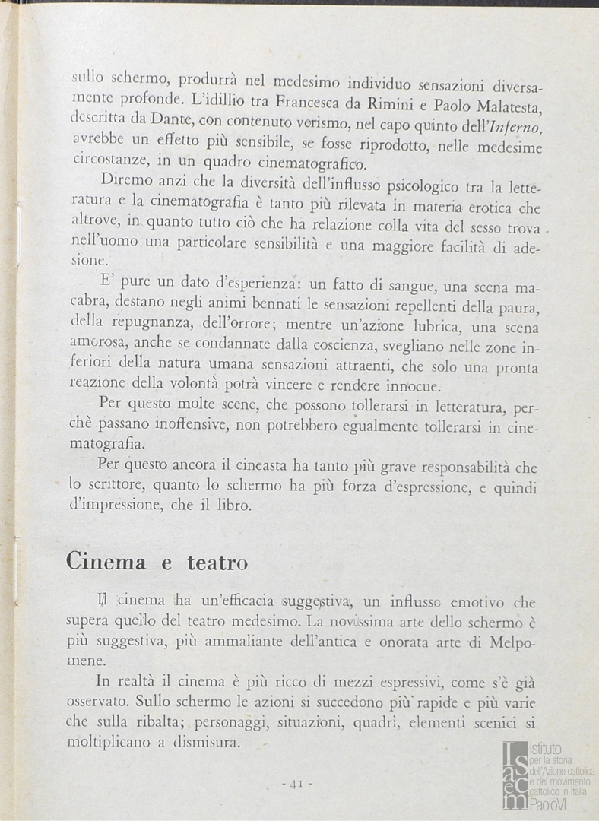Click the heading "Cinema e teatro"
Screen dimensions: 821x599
point(157,562)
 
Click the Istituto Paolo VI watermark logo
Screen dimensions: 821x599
point(547,775)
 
